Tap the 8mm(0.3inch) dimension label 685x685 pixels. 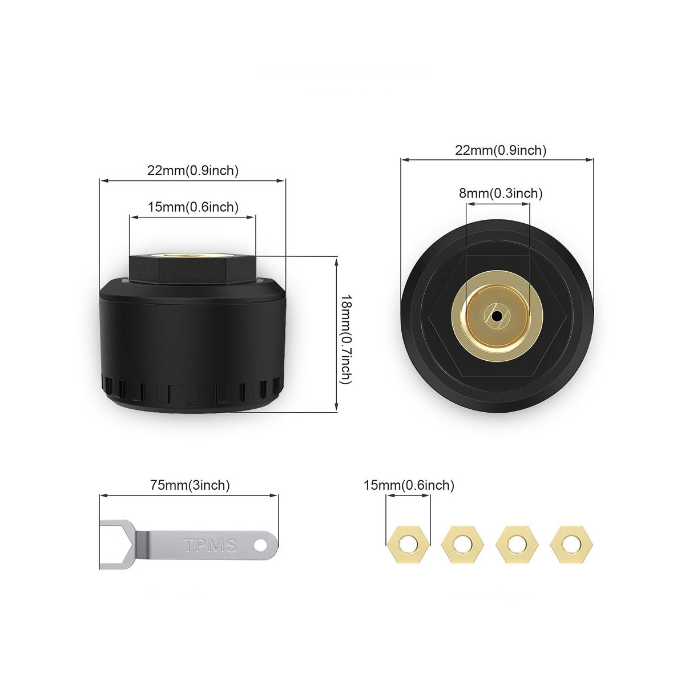[x=501, y=194]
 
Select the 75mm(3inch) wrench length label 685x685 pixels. [x=190, y=485]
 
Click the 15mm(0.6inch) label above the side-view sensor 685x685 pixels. [x=193, y=207]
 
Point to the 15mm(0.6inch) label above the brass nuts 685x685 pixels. [x=409, y=485]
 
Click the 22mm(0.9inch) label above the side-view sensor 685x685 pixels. [x=193, y=171]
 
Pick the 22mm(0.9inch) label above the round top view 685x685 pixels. [x=501, y=150]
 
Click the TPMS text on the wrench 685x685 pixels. [x=209, y=545]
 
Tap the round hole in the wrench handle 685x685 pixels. [x=261, y=545]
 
